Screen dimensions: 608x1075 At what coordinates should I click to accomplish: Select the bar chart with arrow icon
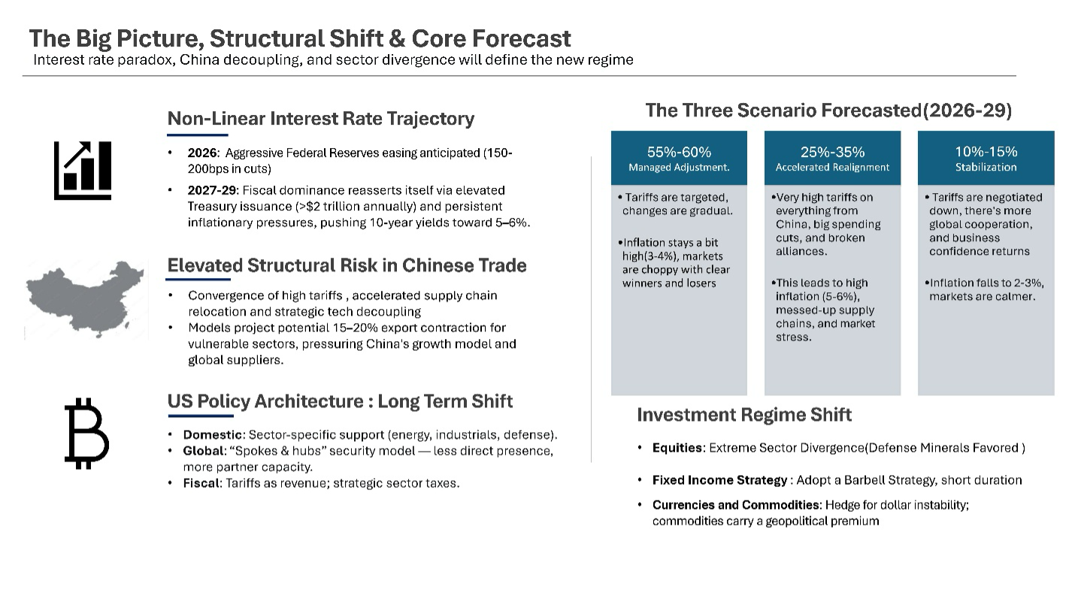tap(83, 171)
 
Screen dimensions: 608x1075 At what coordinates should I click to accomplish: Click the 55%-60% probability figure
tap(679, 152)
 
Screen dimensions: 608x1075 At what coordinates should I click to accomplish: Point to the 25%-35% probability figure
tap(832, 152)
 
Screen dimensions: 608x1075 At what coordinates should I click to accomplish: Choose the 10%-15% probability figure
tap(986, 152)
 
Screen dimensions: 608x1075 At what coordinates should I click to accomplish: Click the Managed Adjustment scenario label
tap(679, 168)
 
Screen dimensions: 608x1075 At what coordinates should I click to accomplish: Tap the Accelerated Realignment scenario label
tap(832, 168)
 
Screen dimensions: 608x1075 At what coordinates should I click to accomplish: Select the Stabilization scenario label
tap(986, 168)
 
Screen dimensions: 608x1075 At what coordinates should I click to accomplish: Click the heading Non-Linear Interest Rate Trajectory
tap(320, 119)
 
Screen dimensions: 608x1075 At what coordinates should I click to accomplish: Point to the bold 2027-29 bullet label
tap(212, 190)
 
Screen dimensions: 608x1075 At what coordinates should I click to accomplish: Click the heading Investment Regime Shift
tap(743, 415)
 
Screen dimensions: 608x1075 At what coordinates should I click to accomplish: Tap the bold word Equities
tap(678, 448)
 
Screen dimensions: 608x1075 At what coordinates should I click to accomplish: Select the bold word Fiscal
tap(201, 483)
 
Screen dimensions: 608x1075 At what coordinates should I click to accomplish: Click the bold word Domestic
tap(213, 435)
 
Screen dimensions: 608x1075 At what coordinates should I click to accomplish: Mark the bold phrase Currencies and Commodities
tap(736, 505)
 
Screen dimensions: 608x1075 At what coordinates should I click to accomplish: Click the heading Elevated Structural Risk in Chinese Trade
tap(347, 265)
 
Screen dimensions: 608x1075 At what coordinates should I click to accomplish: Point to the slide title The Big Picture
tap(299, 38)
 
